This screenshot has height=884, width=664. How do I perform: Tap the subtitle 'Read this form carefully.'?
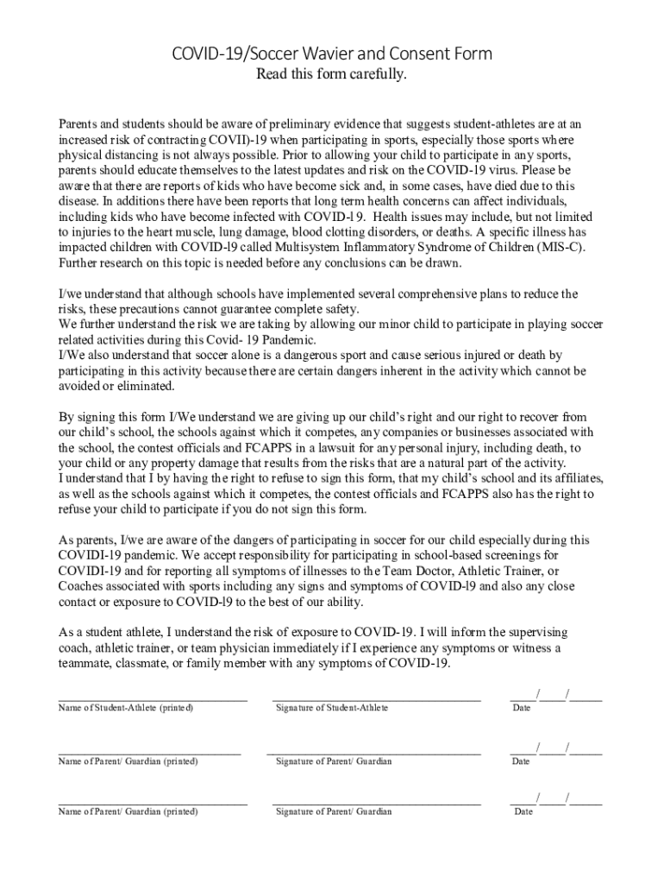click(331, 75)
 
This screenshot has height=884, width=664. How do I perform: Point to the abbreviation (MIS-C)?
click(558, 248)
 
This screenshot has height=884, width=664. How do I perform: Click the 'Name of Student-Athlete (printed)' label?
click(126, 708)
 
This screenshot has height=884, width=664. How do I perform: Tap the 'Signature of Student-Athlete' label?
click(332, 708)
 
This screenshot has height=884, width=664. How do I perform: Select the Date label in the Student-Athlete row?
click(522, 708)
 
